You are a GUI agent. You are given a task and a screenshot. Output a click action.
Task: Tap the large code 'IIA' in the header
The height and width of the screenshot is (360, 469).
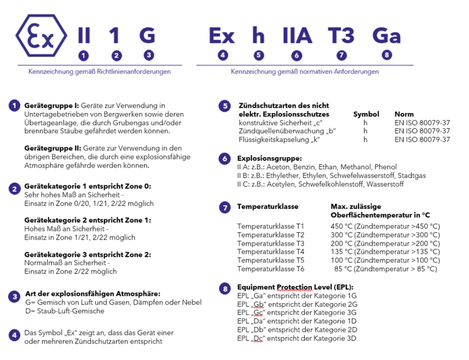(x=297, y=35)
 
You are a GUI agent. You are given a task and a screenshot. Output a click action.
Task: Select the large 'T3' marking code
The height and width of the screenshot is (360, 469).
(x=341, y=35)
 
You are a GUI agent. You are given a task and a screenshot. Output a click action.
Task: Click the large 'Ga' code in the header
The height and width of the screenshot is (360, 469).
(x=387, y=35)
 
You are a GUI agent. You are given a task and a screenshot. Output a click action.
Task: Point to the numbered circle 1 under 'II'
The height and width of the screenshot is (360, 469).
(x=84, y=55)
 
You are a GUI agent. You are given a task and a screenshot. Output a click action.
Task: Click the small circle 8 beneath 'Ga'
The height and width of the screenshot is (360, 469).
(x=387, y=55)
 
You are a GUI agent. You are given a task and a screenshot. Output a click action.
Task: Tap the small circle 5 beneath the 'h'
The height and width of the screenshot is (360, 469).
(x=259, y=55)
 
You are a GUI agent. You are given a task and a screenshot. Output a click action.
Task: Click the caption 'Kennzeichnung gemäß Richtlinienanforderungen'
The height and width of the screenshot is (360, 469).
(x=100, y=72)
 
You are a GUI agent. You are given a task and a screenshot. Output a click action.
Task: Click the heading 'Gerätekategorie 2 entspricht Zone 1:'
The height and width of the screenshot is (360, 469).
(x=87, y=220)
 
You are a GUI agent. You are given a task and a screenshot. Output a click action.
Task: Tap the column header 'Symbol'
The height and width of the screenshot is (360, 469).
(x=366, y=114)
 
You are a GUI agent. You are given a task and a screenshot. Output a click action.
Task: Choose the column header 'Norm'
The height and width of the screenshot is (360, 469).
(x=404, y=114)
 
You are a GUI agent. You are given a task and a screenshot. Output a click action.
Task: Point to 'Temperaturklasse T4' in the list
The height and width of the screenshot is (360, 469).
(x=271, y=251)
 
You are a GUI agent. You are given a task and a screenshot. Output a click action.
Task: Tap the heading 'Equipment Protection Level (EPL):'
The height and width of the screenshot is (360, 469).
(x=295, y=287)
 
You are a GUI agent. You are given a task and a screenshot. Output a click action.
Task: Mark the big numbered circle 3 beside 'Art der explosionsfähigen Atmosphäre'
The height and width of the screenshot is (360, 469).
(x=14, y=296)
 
